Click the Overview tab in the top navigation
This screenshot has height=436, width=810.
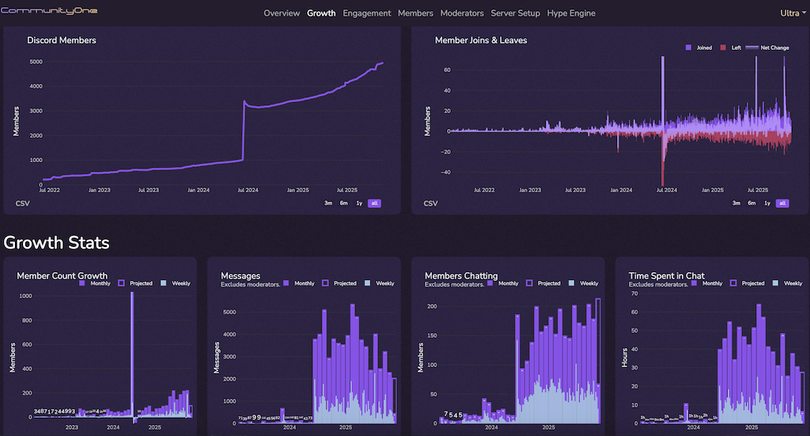click(282, 13)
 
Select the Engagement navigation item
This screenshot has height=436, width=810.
click(366, 13)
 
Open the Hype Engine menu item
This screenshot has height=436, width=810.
click(571, 13)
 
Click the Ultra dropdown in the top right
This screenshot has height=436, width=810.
click(792, 13)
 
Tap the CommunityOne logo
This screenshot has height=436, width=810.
click(49, 12)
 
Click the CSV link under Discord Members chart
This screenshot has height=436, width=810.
click(22, 203)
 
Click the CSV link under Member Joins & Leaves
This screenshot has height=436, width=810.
click(430, 203)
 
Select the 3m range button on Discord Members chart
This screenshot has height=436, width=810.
click(328, 203)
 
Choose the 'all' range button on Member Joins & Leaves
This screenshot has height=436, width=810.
click(782, 203)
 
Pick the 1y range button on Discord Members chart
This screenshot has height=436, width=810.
click(359, 203)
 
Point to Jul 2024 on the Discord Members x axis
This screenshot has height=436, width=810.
click(247, 190)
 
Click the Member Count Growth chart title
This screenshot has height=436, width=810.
click(62, 275)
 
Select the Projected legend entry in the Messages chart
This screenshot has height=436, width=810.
click(339, 283)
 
